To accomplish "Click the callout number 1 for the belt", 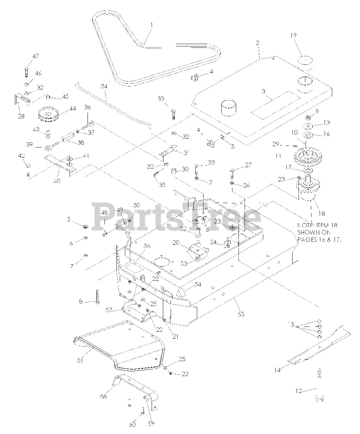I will pos(151,25).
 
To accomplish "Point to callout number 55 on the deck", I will pos(241,314).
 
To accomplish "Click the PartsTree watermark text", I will pos(176,215).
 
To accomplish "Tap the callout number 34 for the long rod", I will pos(104,87).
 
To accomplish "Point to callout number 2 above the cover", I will pos(258,43).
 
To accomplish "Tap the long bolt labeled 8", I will pos(97,296).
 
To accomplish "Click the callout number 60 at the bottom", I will pos(132,424).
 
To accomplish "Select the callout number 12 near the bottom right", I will pos(298,391).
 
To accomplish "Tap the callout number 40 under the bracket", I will pos(57,181).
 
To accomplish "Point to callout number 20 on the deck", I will pos(176,243).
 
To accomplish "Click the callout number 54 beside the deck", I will pos(197,284).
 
